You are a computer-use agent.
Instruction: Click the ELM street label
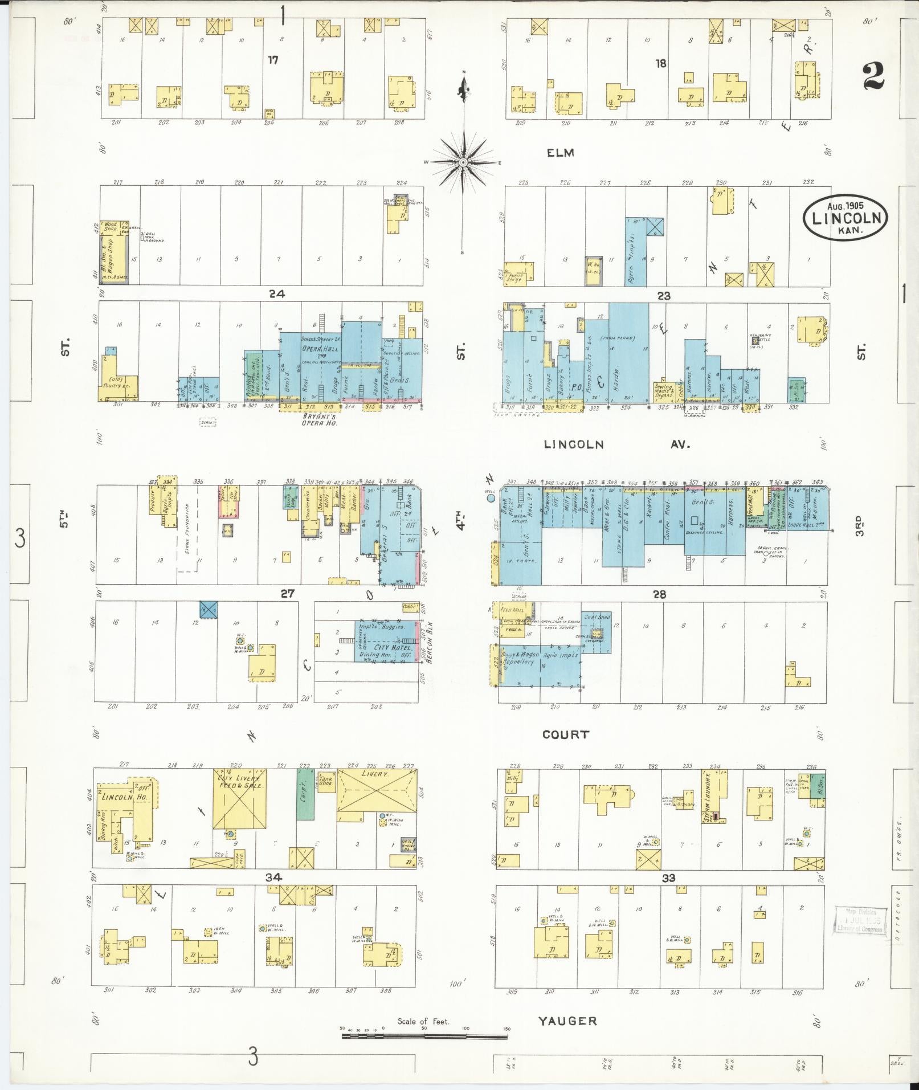560,153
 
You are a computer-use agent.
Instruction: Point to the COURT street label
565,734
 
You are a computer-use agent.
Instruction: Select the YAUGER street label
567,1021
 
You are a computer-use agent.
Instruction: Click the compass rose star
464,163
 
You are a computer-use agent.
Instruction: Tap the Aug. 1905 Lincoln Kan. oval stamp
845,218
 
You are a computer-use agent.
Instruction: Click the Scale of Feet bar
424,1036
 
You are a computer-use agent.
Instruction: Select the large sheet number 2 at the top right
873,77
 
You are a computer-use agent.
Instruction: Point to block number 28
659,594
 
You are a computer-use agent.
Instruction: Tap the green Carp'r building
305,795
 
